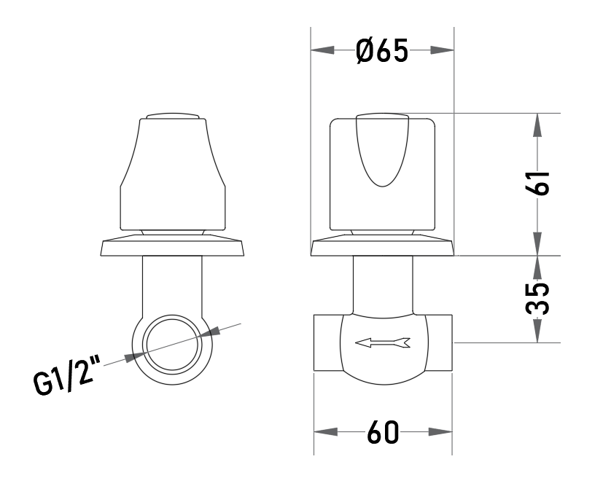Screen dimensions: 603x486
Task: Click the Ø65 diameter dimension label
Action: [381, 51]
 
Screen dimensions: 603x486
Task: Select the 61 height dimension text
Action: [537, 183]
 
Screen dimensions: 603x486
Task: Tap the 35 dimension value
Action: [537, 299]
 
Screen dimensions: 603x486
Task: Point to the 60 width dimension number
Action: [383, 432]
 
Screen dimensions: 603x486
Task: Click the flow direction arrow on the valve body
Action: [383, 342]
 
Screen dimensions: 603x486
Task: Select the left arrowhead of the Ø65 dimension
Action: [322, 50]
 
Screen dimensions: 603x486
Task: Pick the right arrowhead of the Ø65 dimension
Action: [443, 50]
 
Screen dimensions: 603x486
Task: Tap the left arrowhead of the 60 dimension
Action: [326, 432]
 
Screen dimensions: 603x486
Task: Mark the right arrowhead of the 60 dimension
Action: [440, 432]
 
